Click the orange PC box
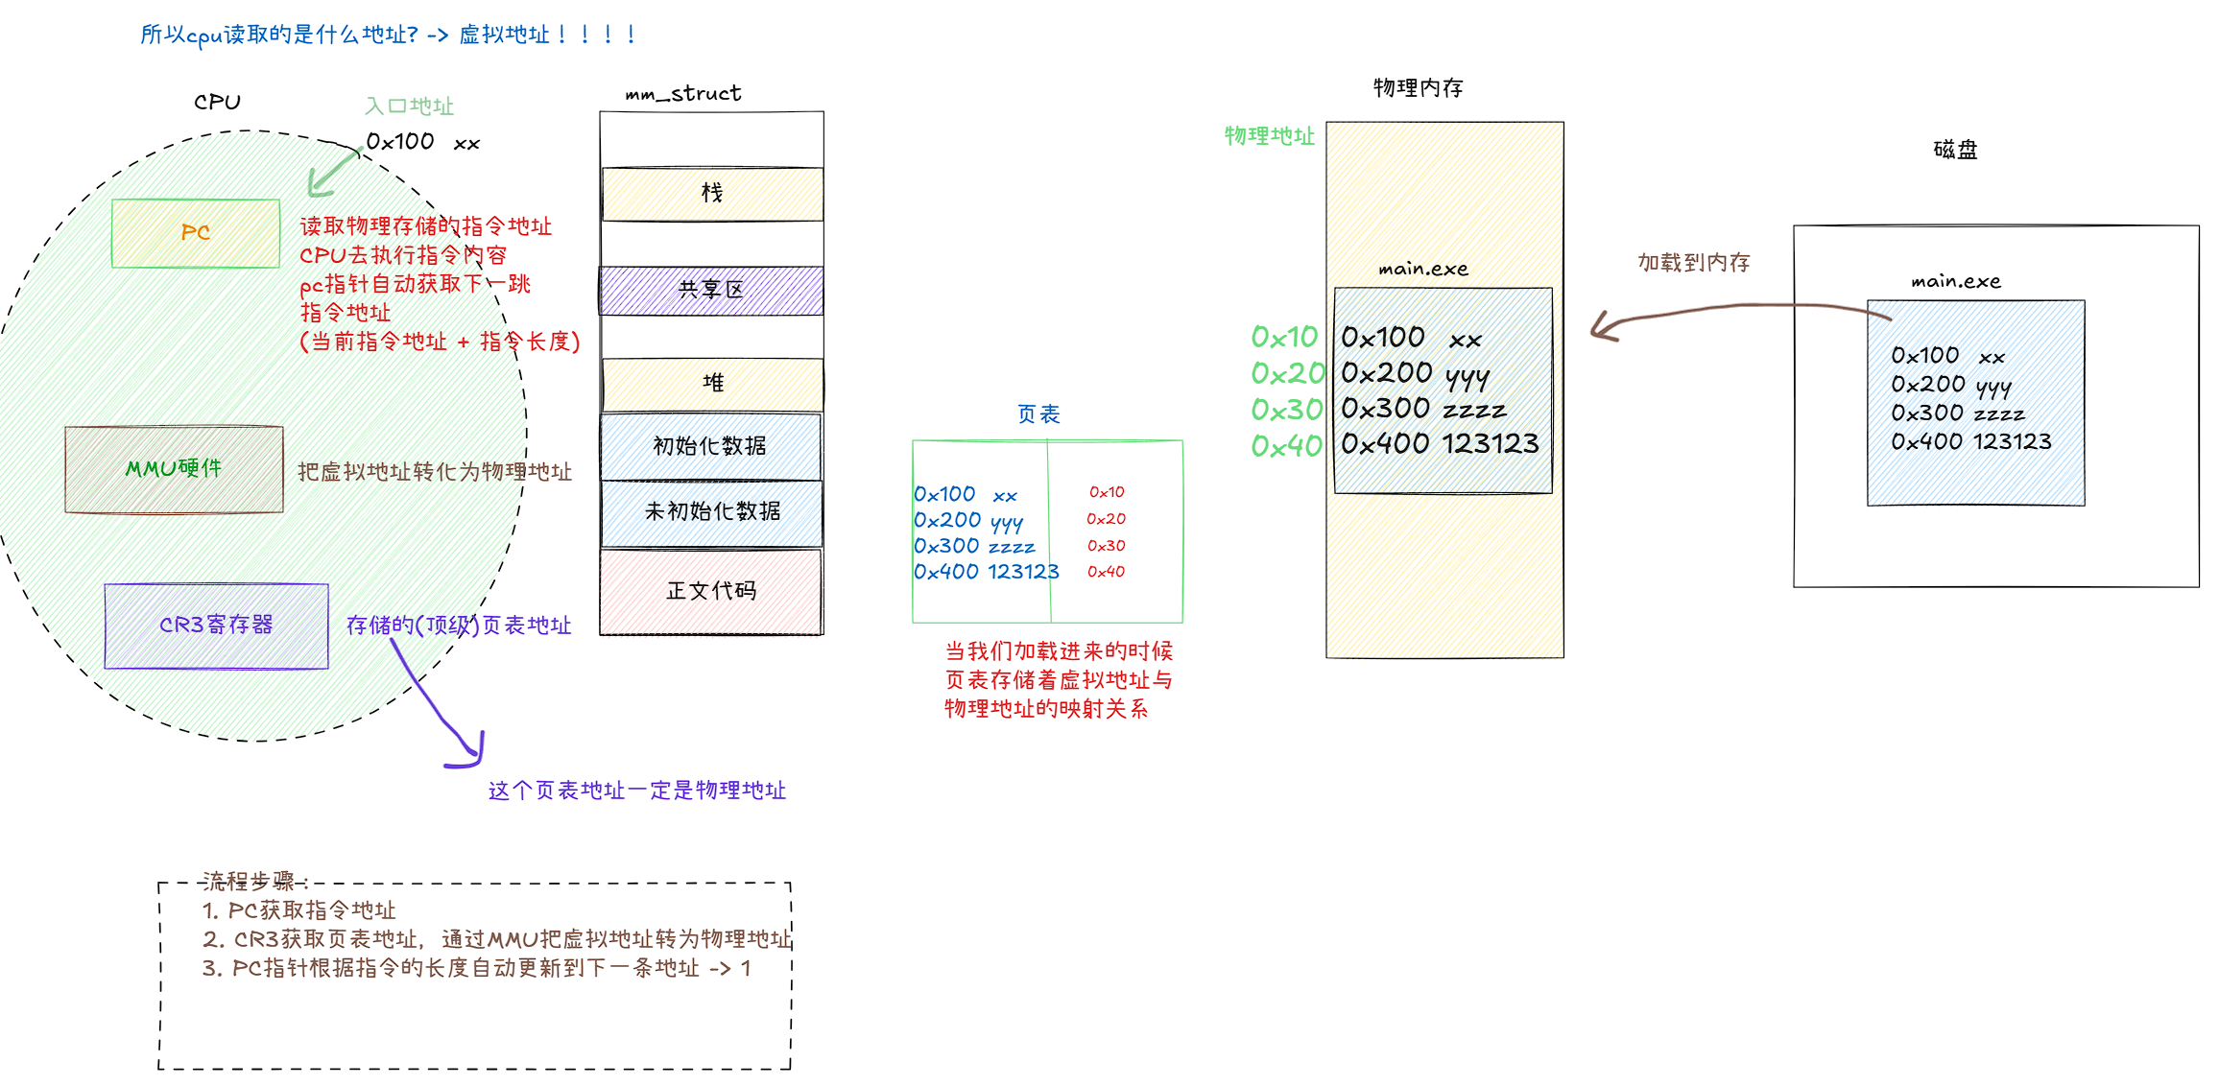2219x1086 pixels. tap(196, 233)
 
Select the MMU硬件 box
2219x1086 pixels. tap(174, 469)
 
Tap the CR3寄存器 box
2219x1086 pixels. tap(216, 626)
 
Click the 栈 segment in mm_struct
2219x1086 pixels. tap(712, 194)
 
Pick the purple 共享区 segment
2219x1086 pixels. tap(711, 291)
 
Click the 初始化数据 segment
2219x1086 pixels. tap(710, 446)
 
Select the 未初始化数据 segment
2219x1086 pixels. tap(712, 512)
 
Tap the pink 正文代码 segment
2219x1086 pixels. tap(711, 591)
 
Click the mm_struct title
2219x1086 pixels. tap(683, 94)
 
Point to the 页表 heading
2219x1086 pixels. tap(1038, 414)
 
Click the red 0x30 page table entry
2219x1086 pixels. tap(1106, 546)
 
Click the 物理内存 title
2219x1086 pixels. tap(1418, 88)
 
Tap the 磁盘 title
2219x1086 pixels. tap(1955, 150)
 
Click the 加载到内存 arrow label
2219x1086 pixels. tap(1694, 263)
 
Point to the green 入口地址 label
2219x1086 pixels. tap(409, 106)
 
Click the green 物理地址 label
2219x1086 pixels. tap(1269, 136)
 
